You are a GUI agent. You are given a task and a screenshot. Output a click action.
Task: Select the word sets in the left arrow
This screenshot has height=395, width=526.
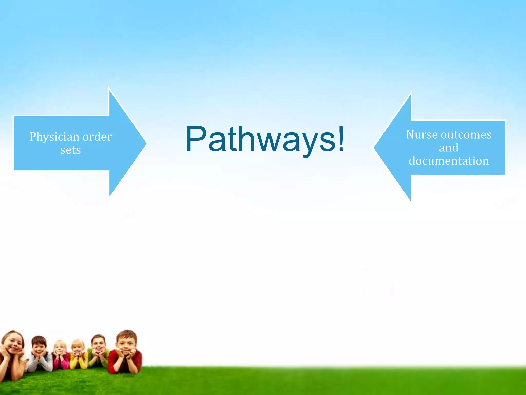tap(70, 150)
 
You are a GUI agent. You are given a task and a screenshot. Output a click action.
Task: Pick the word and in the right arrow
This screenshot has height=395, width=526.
tap(448, 148)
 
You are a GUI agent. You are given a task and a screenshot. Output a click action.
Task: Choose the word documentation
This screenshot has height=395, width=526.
tap(449, 161)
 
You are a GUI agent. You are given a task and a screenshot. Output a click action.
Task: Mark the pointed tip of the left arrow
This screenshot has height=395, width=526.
tap(146, 143)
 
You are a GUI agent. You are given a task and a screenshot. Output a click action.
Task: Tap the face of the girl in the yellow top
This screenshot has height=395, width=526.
tap(78, 348)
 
